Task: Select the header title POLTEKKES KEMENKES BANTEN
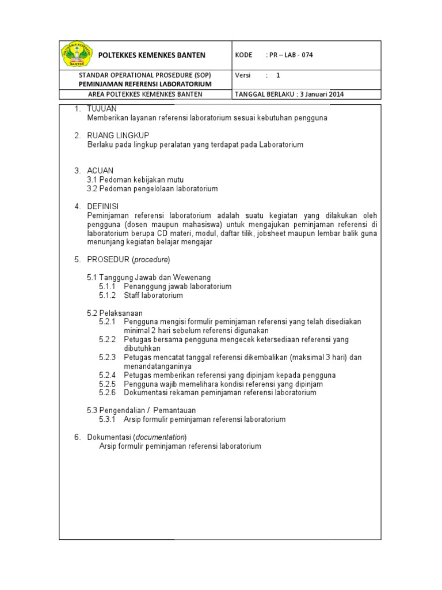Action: pyautogui.click(x=152, y=55)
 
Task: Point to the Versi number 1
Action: pyautogui.click(x=278, y=75)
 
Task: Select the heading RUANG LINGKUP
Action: pyautogui.click(x=118, y=135)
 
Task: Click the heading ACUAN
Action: pyautogui.click(x=100, y=171)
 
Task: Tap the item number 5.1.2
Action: pyautogui.click(x=108, y=295)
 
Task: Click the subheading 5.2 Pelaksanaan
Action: pyautogui.click(x=115, y=313)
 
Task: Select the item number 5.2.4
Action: pyautogui.click(x=108, y=375)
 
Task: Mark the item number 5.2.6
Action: pyautogui.click(x=108, y=392)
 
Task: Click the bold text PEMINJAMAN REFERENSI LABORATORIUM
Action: pyautogui.click(x=145, y=84)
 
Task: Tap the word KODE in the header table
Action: pyautogui.click(x=244, y=55)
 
